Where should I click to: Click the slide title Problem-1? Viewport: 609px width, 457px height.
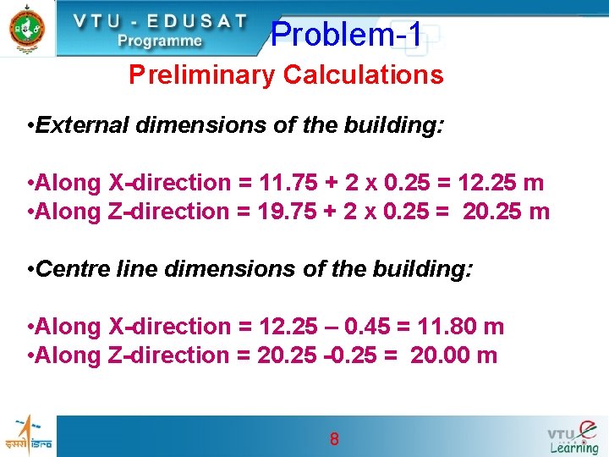(346, 35)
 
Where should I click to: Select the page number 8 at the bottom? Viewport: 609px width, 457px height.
(334, 438)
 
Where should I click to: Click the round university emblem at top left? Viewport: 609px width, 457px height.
(26, 28)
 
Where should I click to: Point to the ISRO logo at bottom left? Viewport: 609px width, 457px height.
(28, 435)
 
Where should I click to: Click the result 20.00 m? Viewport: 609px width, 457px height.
(453, 355)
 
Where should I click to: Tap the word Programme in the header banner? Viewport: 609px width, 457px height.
(160, 40)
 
